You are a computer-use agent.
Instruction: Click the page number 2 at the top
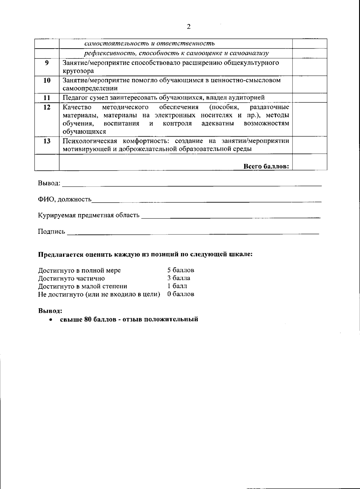pyautogui.click(x=188, y=27)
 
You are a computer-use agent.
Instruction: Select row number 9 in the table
pyautogui.click(x=47, y=63)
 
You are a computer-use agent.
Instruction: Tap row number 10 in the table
pyautogui.click(x=47, y=80)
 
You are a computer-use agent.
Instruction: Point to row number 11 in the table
pyautogui.click(x=47, y=98)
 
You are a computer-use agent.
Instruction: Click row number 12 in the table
pyautogui.click(x=47, y=107)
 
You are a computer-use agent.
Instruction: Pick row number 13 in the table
pyautogui.click(x=47, y=141)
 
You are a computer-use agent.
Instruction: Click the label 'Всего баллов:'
pyautogui.click(x=266, y=166)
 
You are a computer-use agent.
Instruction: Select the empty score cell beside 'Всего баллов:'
pyautogui.click(x=309, y=162)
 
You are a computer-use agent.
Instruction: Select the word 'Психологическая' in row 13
pyautogui.click(x=89, y=141)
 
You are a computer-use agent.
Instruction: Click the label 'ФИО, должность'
pyautogui.click(x=65, y=199)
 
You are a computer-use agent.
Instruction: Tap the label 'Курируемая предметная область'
pyautogui.click(x=89, y=215)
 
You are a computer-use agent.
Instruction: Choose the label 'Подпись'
pyautogui.click(x=51, y=231)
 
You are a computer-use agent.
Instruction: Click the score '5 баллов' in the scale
pyautogui.click(x=181, y=270)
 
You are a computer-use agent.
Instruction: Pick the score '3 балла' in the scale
pyautogui.click(x=178, y=278)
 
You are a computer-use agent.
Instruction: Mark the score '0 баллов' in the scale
pyautogui.click(x=181, y=294)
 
